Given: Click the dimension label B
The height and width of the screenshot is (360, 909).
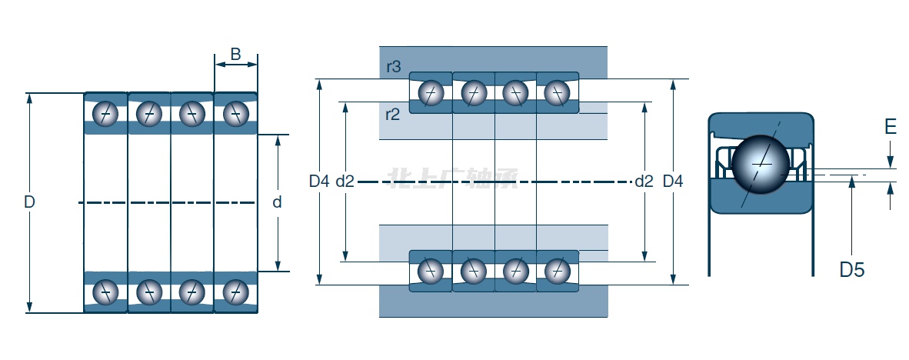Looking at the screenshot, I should pos(235,54).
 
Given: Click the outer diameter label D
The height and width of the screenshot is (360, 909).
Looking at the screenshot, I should pos(29,203).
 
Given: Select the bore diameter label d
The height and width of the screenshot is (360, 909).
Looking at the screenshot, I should pos(277,203).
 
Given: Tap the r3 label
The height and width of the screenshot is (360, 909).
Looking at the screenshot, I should pos(393,67).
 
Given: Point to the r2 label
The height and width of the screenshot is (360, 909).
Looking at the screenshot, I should pos(392,115).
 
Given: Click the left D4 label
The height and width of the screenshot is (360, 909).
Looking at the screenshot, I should pos(319,182).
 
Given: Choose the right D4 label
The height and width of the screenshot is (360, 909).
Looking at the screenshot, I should pos(673,182).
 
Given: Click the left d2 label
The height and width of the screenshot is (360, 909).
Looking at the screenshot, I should pos(345,182).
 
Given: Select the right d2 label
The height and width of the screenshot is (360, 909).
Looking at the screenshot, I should pos(644,182).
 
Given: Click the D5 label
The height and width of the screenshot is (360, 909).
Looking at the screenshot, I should pos(851,270).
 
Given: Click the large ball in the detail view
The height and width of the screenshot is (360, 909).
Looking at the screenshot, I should pos(761,163).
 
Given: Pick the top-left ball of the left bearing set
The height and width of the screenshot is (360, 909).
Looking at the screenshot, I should pos(105,114).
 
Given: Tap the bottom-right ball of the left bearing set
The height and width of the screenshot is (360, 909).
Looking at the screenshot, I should pos(235,292).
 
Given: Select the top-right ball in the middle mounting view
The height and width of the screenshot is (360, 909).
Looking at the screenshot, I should pos(556,93).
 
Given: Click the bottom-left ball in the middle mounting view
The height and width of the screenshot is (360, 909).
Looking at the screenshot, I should pos(431,271).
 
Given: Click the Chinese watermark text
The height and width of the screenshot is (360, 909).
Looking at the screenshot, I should pos(454,179).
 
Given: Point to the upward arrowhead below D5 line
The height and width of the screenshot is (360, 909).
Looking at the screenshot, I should pos(852,180).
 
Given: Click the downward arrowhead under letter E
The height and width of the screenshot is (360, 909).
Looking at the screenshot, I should pos(891,163).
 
